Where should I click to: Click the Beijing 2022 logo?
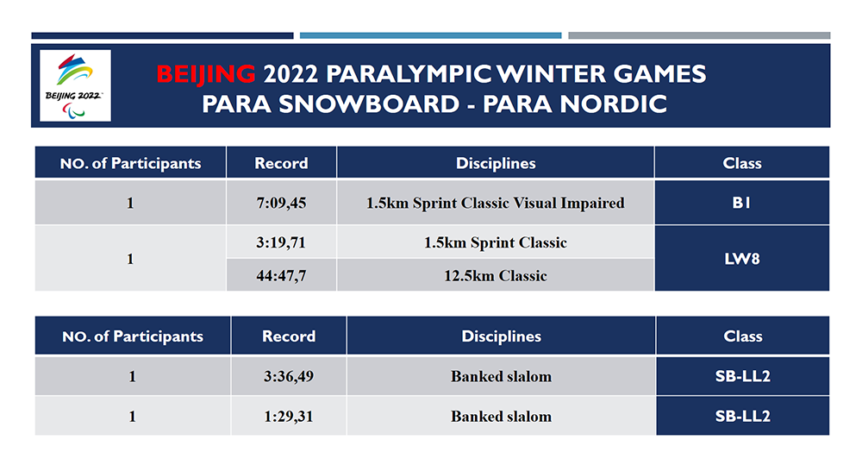(x=76, y=85)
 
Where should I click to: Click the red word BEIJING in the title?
(x=205, y=73)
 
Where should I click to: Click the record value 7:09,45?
(x=281, y=204)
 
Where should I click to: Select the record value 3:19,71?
(x=281, y=242)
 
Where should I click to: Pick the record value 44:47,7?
(x=281, y=276)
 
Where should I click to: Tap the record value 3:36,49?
(x=289, y=376)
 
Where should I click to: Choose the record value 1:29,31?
(x=289, y=416)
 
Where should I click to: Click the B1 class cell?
(x=741, y=204)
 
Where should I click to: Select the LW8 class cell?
(x=741, y=259)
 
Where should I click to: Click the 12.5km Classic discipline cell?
(x=495, y=276)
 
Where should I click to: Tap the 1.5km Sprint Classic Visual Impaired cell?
(x=495, y=204)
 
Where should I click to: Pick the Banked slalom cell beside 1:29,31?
(x=501, y=416)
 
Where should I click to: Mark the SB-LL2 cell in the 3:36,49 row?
(x=742, y=376)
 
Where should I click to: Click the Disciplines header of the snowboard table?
(x=501, y=336)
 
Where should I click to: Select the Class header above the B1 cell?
(x=741, y=163)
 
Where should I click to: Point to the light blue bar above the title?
(x=430, y=35)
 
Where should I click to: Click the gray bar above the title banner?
(x=698, y=35)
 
